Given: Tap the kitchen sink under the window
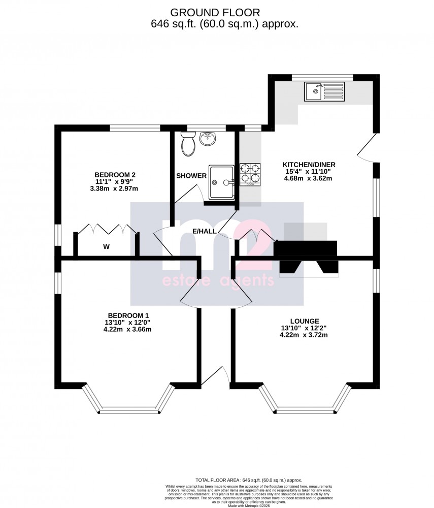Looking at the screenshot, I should click(324, 91).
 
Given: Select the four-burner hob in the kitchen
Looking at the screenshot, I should click(249, 173).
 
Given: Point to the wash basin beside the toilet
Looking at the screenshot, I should click(208, 138).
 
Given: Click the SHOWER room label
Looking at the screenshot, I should click(191, 176).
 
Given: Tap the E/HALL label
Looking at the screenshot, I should click(205, 231).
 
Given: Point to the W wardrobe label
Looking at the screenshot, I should click(107, 247).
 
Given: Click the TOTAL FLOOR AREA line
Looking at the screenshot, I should click(249, 480).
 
